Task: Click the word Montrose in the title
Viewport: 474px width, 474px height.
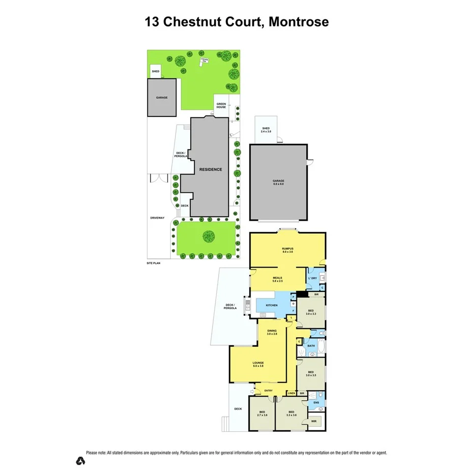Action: (x=299, y=22)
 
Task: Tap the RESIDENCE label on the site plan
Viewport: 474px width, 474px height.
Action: (x=210, y=169)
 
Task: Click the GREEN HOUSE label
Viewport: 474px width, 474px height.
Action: (x=221, y=105)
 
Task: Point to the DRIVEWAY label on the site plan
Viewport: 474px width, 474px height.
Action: (x=157, y=218)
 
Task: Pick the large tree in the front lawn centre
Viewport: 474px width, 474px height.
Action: (x=208, y=236)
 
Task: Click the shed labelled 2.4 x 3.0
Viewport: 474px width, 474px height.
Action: (x=266, y=130)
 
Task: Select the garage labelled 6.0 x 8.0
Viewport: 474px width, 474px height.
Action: (x=278, y=182)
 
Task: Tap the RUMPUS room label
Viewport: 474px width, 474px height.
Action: (x=288, y=250)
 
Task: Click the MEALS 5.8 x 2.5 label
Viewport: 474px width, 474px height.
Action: (x=277, y=279)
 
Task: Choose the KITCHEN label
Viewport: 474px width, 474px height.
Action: (x=271, y=305)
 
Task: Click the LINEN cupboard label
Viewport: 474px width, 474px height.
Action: (x=291, y=393)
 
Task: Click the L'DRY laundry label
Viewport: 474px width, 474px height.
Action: (x=312, y=279)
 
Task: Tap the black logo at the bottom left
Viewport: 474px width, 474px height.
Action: (x=80, y=461)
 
